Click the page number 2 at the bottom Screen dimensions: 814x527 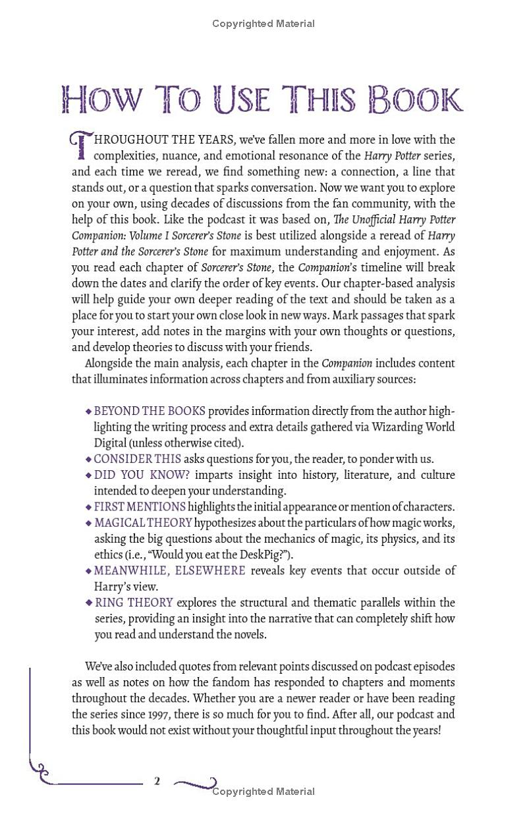(x=157, y=782)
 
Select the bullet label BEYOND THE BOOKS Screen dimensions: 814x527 (x=150, y=412)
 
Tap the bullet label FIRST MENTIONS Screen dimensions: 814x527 (x=140, y=506)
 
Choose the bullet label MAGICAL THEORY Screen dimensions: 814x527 (x=143, y=523)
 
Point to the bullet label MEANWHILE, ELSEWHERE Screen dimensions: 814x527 (x=169, y=570)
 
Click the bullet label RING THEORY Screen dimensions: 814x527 (x=134, y=602)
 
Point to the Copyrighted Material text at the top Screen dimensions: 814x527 (x=263, y=24)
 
